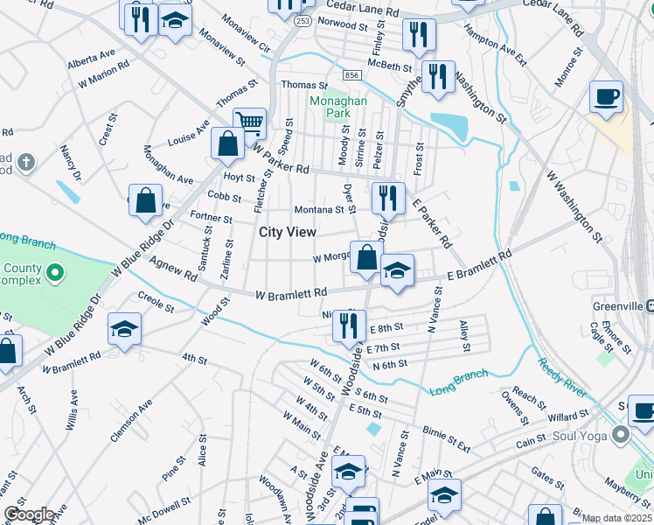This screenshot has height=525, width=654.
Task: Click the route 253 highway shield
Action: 301,20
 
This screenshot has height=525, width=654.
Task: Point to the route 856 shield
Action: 352,76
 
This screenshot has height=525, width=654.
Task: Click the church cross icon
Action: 27,162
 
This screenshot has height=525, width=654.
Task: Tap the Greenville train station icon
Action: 650,305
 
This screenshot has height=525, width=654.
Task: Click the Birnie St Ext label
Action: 446,439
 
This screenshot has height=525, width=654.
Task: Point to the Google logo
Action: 29,514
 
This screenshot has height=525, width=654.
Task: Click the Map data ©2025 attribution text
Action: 617,518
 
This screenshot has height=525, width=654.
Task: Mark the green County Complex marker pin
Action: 55,274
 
